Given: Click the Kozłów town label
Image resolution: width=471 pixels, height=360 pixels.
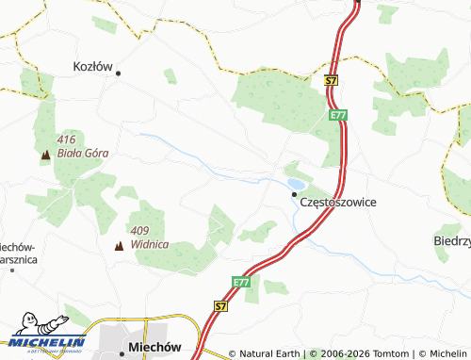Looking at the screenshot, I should pos(93,67).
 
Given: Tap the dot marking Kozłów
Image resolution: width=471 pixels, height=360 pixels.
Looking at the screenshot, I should pos(118,73).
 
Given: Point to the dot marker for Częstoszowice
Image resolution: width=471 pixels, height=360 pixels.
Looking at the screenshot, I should pos(294,196).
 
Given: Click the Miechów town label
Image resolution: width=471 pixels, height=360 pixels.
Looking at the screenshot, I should pos(154,347).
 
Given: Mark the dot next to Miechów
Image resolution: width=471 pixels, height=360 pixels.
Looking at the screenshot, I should pos(122,353).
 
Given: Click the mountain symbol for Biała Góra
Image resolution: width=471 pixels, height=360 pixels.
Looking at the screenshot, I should pos(45,153).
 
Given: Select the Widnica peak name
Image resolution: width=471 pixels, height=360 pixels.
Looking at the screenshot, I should pos(151,244).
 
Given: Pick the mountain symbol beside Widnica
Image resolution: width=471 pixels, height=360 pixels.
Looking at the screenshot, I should pos(119,246).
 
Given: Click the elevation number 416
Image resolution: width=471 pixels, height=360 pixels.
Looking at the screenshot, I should pos(67,139).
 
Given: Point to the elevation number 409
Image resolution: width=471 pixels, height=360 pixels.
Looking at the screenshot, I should pos(139,231).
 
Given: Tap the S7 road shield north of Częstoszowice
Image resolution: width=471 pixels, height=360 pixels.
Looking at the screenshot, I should pos(331,82).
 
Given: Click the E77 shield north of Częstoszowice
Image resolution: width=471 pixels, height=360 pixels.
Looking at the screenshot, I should pos(338,115).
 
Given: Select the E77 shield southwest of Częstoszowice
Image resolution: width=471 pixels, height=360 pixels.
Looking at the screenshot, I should pos(241,281).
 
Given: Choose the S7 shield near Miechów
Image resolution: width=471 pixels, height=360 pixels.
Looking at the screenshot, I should pos(220,306).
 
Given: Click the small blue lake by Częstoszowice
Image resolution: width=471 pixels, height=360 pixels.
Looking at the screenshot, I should pos(295,183).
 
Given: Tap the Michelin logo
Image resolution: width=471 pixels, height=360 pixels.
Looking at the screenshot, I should pos(44,344).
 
